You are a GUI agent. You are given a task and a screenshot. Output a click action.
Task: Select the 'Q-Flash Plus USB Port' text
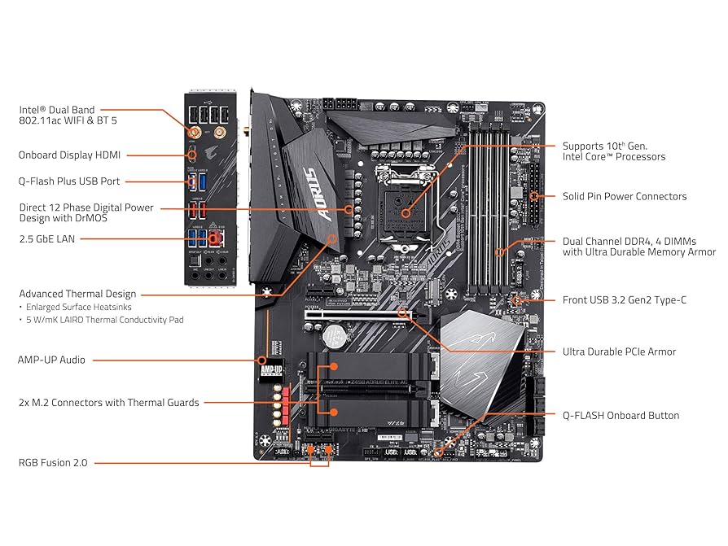[x=69, y=181]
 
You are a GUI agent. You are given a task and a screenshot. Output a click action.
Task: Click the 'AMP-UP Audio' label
[x=51, y=359]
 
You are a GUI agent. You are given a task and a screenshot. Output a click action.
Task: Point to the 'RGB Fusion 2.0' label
[x=53, y=462]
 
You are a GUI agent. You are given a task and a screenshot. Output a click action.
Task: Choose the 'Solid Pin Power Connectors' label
[x=625, y=196]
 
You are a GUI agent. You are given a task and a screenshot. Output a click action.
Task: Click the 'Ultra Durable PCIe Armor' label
[x=619, y=352]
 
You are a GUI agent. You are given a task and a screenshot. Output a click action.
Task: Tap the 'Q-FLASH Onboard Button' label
[x=621, y=415]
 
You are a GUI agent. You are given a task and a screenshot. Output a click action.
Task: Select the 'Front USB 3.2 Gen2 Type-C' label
[x=624, y=299]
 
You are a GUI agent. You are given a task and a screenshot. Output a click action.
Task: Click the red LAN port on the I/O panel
[x=216, y=238]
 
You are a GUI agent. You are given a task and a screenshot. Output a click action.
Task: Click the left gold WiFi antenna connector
[x=195, y=131]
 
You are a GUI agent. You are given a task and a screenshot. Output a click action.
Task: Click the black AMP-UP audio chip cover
[x=272, y=369]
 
